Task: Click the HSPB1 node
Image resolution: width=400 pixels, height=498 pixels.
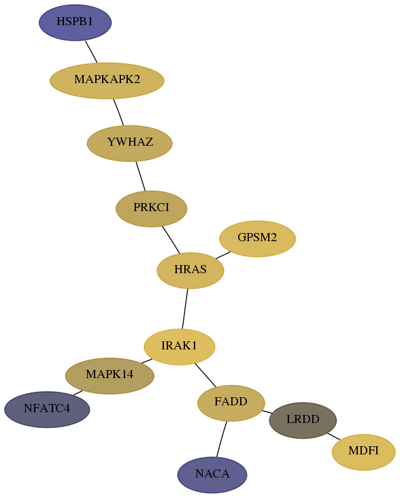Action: tap(76, 22)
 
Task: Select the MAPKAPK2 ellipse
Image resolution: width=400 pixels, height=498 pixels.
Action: tap(107, 80)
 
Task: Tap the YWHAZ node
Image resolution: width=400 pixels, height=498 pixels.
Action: tap(130, 143)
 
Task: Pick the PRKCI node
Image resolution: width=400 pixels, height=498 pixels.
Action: tap(151, 208)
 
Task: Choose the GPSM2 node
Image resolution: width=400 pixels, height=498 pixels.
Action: tap(258, 239)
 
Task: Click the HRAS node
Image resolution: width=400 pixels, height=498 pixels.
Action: tap(190, 270)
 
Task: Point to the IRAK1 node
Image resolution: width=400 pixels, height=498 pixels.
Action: tap(180, 347)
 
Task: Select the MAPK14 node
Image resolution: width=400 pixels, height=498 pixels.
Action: tap(110, 376)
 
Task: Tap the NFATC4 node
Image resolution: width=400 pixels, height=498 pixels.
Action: tap(47, 409)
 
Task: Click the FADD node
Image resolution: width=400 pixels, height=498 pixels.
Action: tap(231, 403)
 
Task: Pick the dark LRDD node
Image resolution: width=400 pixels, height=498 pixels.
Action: tap(303, 420)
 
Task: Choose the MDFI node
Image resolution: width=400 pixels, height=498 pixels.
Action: tap(364, 452)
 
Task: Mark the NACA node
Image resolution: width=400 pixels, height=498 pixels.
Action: tap(212, 475)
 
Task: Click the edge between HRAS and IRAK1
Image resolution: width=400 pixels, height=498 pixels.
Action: tap(185, 309)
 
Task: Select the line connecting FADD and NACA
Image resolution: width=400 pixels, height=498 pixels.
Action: tap(222, 439)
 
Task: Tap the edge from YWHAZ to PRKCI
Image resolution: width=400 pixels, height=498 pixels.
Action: tap(141, 176)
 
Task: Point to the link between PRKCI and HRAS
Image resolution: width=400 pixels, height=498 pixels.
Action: tap(171, 240)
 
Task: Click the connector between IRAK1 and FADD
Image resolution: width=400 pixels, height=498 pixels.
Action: tap(205, 375)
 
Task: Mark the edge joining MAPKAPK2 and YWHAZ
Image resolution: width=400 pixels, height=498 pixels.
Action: tap(118, 112)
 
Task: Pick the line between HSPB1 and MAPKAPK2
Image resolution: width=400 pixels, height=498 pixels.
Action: tap(91, 52)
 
